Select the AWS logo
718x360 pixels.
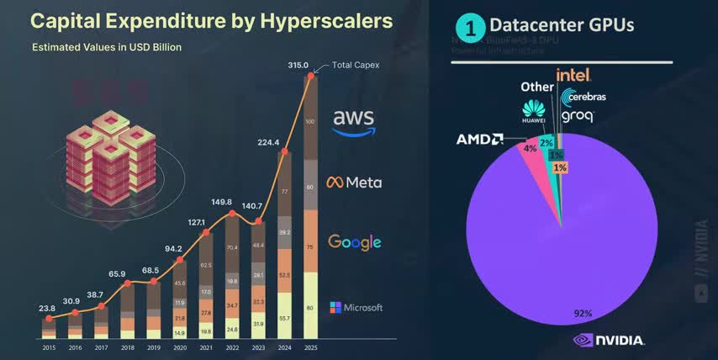[x=353, y=122]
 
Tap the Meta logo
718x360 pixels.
[x=354, y=183]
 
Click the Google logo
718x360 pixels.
[x=355, y=242]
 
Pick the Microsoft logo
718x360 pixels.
[x=356, y=307]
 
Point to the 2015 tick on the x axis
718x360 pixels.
[x=50, y=347]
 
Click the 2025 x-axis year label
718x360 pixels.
[x=310, y=347]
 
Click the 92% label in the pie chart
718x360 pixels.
[x=584, y=314]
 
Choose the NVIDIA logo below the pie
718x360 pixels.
[x=609, y=341]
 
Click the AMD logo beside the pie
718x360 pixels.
[x=480, y=139]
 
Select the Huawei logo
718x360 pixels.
[x=534, y=110]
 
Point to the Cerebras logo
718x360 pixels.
[x=583, y=97]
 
